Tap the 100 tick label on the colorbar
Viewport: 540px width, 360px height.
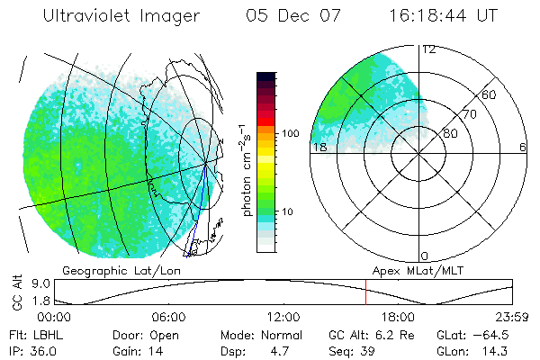290,133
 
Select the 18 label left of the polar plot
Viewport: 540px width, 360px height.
318,148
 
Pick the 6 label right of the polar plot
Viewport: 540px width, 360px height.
523,148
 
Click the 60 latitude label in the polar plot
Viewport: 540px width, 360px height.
490,94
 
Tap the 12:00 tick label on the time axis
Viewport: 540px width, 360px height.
283,318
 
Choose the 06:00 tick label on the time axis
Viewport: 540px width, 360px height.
168,318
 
